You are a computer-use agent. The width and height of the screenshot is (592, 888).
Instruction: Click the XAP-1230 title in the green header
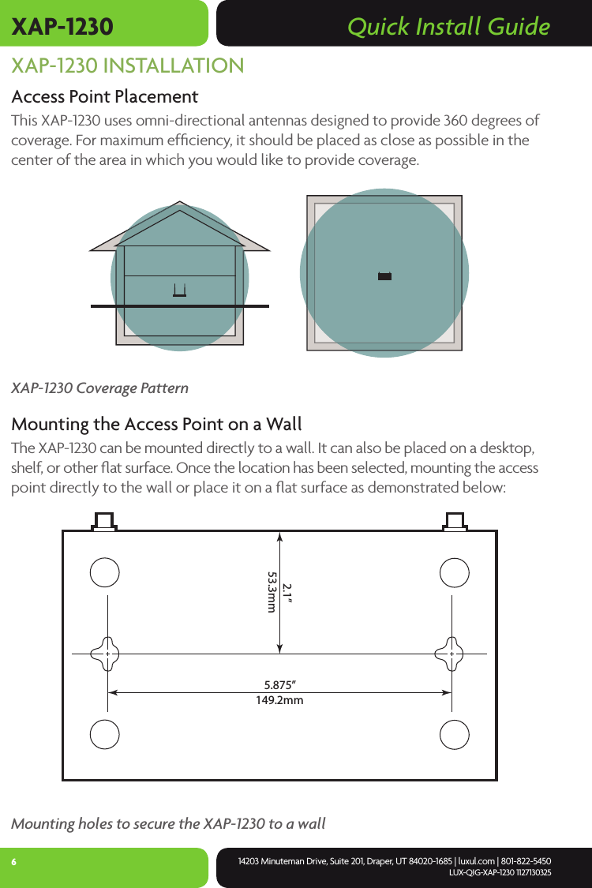[x=62, y=27]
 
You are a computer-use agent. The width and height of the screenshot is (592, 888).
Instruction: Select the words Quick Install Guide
[x=448, y=27]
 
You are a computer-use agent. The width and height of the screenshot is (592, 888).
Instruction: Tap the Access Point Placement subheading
[x=104, y=97]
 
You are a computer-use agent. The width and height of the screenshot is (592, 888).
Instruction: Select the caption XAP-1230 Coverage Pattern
[x=99, y=388]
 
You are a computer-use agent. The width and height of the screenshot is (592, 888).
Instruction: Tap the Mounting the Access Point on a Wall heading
[x=156, y=425]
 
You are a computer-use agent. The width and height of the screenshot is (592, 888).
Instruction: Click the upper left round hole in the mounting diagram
[x=105, y=572]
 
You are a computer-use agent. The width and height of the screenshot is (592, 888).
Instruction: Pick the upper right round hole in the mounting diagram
[x=455, y=572]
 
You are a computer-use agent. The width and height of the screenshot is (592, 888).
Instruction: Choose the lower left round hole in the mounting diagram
[x=105, y=734]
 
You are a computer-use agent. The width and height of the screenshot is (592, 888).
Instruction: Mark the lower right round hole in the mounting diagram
[x=455, y=734]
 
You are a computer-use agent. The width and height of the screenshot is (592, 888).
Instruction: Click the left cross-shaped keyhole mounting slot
[x=106, y=654]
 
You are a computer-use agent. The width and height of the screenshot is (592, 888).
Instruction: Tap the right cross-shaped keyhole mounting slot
[x=451, y=654]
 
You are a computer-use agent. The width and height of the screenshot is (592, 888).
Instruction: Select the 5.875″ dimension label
[x=280, y=684]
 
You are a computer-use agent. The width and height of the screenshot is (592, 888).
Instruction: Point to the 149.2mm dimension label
[x=280, y=699]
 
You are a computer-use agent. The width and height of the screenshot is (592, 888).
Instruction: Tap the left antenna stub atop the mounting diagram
[x=104, y=521]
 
